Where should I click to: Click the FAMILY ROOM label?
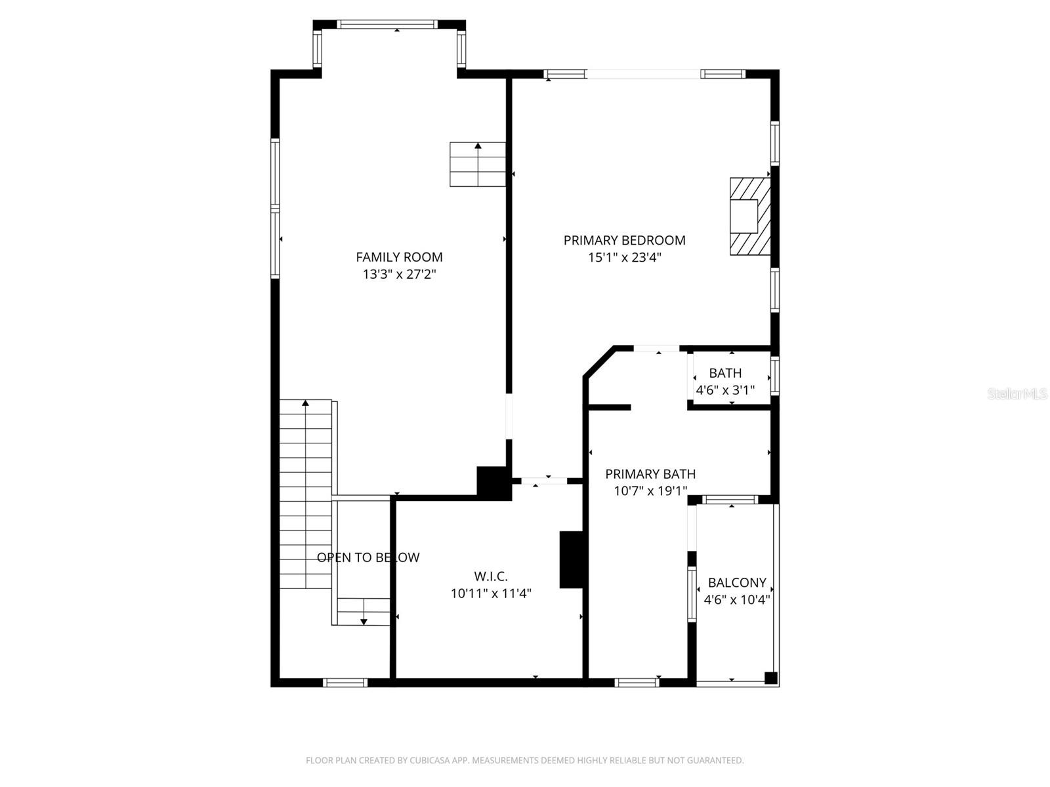(x=399, y=257)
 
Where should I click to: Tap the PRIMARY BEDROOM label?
(x=624, y=240)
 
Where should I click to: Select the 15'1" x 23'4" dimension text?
(x=624, y=257)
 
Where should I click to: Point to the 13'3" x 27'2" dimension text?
(x=399, y=274)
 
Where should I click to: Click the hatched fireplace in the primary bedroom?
(x=749, y=216)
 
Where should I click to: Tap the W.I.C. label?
(x=490, y=576)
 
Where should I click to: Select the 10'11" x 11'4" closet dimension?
(x=490, y=594)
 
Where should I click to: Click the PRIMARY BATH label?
(x=650, y=474)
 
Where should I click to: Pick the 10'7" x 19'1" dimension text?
(x=650, y=491)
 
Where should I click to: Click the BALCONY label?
(x=736, y=582)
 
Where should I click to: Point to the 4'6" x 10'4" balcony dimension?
(x=736, y=599)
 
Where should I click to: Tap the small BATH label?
(x=725, y=373)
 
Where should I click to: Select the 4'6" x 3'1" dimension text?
(x=725, y=390)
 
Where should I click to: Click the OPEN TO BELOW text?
(x=367, y=557)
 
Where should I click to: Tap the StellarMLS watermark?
(x=1017, y=394)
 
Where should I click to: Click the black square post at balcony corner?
(x=771, y=678)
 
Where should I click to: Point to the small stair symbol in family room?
(x=477, y=164)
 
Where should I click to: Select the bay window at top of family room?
(x=388, y=25)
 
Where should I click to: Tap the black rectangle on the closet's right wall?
(x=570, y=559)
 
